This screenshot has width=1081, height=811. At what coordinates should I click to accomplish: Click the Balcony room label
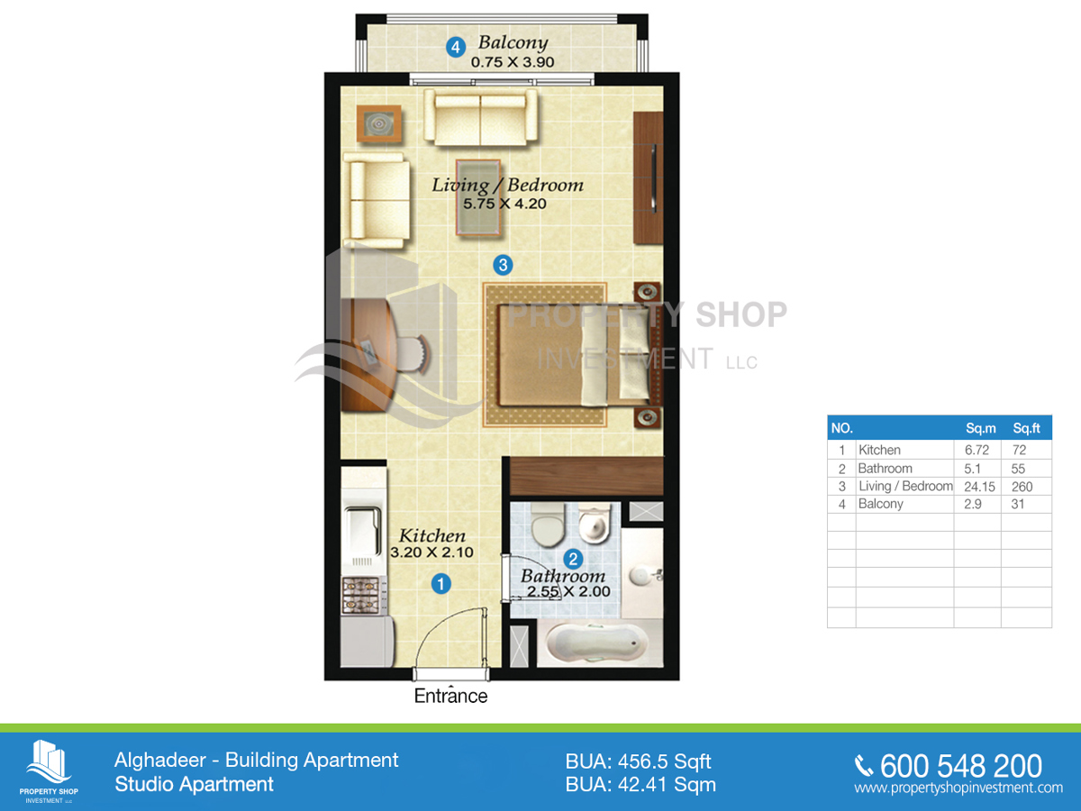[x=512, y=42]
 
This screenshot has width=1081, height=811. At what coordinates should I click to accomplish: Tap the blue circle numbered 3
[x=503, y=265]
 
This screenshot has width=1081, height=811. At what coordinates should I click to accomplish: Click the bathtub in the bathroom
[x=596, y=643]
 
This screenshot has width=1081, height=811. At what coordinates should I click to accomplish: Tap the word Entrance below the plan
[x=450, y=696]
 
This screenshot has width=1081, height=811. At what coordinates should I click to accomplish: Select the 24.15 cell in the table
[x=977, y=486]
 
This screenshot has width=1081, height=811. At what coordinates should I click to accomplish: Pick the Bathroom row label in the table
[x=885, y=468]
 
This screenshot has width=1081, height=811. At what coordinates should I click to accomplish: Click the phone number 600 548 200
[x=960, y=766]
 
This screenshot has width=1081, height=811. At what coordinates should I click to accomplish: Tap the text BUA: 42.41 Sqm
[x=640, y=784]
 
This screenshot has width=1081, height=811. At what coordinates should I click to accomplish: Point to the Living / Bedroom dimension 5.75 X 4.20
[x=504, y=205]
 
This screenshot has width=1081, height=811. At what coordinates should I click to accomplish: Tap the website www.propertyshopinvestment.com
[x=958, y=788]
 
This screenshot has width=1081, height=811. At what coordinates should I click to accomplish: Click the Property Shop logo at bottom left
[x=50, y=768]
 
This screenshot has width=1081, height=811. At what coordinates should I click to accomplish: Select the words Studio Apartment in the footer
[x=194, y=784]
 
